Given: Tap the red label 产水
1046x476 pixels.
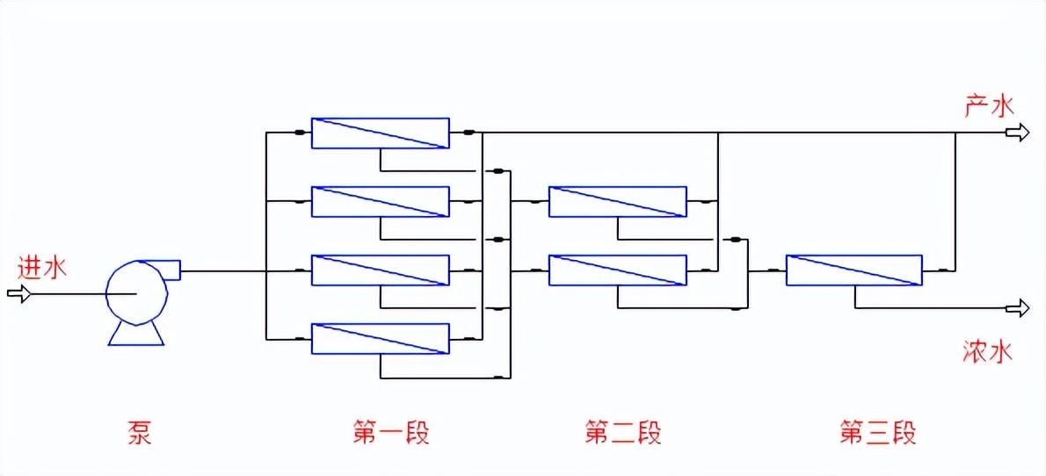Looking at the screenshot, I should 989,107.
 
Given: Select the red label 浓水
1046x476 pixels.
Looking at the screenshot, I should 989,353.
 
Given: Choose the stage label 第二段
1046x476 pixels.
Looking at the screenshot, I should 622,433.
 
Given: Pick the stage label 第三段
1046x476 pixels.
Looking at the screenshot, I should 878,433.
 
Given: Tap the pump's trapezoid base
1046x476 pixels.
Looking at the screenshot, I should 135,335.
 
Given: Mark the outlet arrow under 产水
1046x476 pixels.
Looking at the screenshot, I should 1018,133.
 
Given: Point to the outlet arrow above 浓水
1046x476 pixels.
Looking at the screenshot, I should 1018,307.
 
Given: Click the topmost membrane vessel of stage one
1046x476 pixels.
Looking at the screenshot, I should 380,133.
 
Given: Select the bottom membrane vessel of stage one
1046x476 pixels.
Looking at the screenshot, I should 380,339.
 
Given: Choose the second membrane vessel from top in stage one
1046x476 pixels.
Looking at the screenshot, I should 380,201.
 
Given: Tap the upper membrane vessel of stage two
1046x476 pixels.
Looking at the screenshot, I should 617,201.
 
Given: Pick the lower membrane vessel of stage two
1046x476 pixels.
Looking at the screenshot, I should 617,270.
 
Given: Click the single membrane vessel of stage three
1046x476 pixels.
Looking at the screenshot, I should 854,270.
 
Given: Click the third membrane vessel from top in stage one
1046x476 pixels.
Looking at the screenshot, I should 380,270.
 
